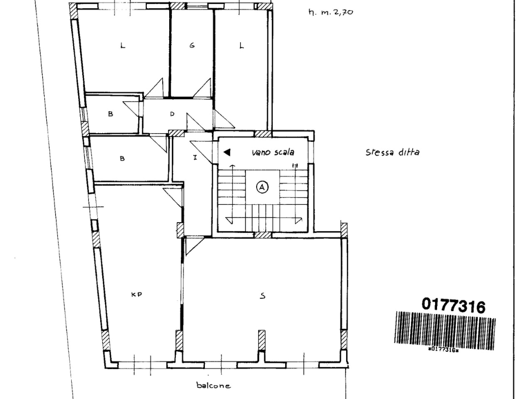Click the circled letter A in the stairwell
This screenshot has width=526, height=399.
coord(262,187)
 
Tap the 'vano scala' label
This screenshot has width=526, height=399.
coord(273,152)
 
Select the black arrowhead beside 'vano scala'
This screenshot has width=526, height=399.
coord(227,152)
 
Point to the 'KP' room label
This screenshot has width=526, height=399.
coord(137,295)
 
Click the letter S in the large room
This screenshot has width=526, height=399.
coord(263,296)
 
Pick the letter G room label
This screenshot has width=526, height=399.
coord(192,45)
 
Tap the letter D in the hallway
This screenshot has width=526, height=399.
coord(172,114)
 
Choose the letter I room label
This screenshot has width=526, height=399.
coord(195,157)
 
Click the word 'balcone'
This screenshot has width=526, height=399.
coord(213,385)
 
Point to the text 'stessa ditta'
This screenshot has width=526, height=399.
coord(392,152)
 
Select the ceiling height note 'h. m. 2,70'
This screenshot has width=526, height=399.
coord(331,12)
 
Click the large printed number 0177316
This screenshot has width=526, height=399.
coord(453,305)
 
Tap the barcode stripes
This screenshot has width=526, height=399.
coord(445,330)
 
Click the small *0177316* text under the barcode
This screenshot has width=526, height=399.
coord(444,350)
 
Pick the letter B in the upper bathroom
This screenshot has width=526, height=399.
coord(111,114)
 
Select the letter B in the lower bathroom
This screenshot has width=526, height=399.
coord(122,159)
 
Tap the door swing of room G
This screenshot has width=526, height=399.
coord(203,88)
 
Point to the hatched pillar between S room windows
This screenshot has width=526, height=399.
coord(262,340)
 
